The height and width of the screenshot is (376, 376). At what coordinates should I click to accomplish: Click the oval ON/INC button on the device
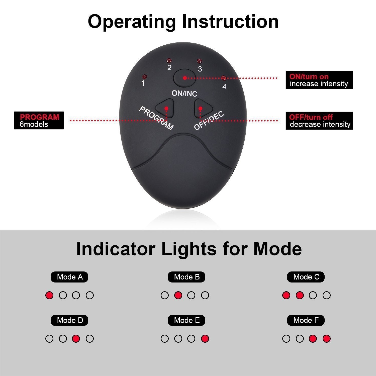[x=185, y=78]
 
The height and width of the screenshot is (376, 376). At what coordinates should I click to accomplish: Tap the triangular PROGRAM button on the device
[x=165, y=108]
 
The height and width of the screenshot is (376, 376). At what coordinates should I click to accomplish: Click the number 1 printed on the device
[x=143, y=83]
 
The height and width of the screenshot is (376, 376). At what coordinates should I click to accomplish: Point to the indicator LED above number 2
[x=169, y=61]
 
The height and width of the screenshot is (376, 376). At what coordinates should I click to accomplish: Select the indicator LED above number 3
[x=199, y=61]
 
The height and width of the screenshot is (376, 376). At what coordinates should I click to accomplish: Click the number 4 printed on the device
[x=224, y=86]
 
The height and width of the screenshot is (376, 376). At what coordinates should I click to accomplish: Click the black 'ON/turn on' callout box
[x=319, y=80]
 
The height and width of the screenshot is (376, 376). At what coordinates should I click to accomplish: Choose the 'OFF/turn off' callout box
[x=319, y=121]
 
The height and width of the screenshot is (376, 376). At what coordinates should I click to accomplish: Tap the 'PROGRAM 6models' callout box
[x=39, y=121]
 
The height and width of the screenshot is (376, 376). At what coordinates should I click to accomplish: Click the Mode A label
[x=69, y=277]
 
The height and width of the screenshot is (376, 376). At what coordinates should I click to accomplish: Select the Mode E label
[x=186, y=320]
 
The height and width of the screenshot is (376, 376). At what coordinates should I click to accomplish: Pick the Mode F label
[x=306, y=320]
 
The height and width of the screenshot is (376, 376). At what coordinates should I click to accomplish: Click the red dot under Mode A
[x=49, y=295]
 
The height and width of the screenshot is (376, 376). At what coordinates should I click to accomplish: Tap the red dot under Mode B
[x=178, y=295]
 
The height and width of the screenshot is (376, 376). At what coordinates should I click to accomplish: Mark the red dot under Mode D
[x=76, y=339]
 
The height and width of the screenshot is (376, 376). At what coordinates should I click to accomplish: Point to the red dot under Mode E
[x=205, y=339]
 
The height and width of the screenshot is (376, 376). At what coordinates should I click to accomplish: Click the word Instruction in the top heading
[x=230, y=22]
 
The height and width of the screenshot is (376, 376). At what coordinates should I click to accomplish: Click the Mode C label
[x=306, y=277]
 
